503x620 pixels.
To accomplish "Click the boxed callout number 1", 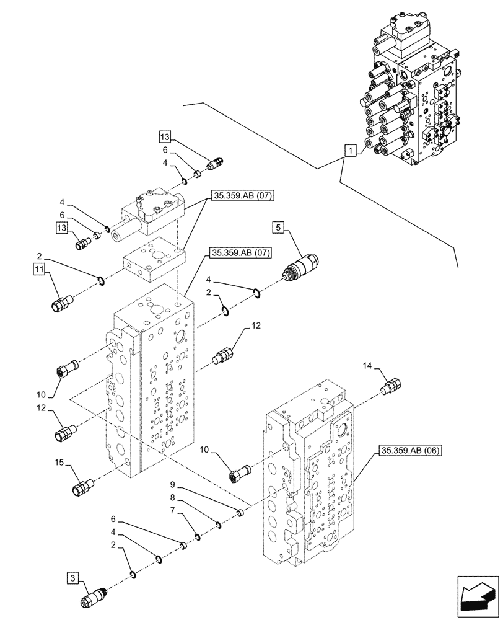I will pyautogui.click(x=350, y=151).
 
